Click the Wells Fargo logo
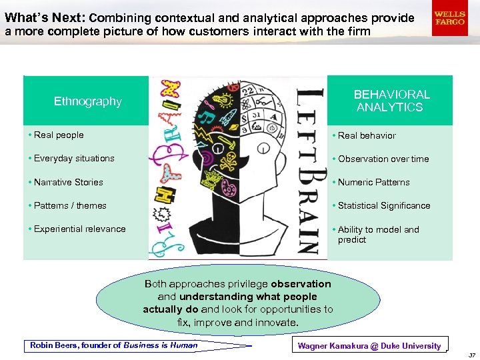click(449, 17)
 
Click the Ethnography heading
click(87, 101)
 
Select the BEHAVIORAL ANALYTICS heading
click(391, 101)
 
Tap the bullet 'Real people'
click(59, 135)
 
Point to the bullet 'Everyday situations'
click(73, 159)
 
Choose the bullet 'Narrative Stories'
click(68, 182)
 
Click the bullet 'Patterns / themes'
click(69, 205)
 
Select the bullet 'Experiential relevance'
click(79, 229)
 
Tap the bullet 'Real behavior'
click(366, 135)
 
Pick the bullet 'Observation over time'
click(383, 159)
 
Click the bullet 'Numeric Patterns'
click(373, 182)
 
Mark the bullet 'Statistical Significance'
click(383, 205)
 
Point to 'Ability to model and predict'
click(378, 234)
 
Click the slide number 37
click(471, 355)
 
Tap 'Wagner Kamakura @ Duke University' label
click(369, 345)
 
